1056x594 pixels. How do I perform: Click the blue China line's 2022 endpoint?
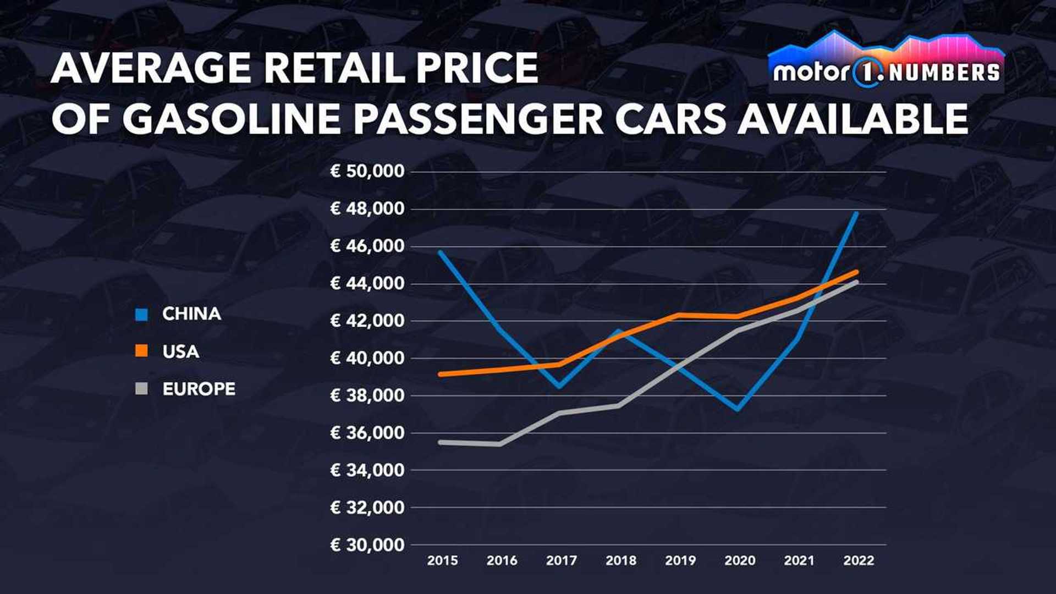click(x=856, y=213)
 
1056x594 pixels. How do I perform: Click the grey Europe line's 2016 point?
click(x=500, y=443)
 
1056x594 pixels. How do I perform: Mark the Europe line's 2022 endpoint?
click(x=856, y=282)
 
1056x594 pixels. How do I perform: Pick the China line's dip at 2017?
click(x=559, y=386)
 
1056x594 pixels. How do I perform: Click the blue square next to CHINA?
click(x=142, y=315)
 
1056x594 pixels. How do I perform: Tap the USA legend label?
click(x=180, y=351)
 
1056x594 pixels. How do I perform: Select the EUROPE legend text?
click(x=199, y=389)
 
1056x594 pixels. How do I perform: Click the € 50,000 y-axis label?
click(x=367, y=171)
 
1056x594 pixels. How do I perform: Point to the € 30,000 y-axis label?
click(x=367, y=544)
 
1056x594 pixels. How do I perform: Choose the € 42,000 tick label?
click(x=367, y=321)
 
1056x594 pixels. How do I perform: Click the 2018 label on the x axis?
click(x=620, y=560)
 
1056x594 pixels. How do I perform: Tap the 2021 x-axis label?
click(x=799, y=560)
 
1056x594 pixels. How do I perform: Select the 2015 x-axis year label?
click(x=442, y=560)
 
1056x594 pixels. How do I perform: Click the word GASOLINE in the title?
click(x=232, y=118)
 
